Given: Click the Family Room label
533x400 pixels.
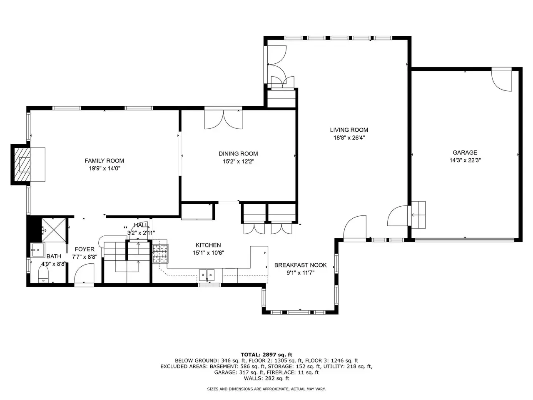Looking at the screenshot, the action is click(x=104, y=160).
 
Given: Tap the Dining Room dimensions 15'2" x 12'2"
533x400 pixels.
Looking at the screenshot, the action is click(x=238, y=162).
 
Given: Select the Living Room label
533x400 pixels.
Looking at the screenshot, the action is click(x=349, y=130).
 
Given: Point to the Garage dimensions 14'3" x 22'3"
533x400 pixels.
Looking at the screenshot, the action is click(x=465, y=160).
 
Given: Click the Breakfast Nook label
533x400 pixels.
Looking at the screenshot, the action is click(x=300, y=265).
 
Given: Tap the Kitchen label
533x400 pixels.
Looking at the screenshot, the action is click(x=208, y=245).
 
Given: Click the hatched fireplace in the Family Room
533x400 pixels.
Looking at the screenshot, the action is click(x=22, y=165).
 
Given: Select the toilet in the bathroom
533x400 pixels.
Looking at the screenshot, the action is click(x=43, y=274).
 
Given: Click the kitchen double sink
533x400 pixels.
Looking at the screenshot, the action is click(x=207, y=275).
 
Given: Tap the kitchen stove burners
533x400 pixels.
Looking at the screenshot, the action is click(x=160, y=254).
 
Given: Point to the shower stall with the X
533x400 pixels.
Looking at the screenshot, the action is click(x=53, y=230).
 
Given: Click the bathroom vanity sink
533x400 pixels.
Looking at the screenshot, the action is click(x=38, y=250).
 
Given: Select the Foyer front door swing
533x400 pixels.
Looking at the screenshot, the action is click(x=84, y=273).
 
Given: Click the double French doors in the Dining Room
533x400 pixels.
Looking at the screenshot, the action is click(x=223, y=120).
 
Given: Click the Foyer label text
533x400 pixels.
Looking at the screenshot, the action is click(x=85, y=249).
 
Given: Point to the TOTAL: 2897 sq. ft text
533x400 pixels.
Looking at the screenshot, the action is click(x=266, y=355).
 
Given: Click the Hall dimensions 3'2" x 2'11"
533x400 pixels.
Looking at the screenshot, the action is click(x=141, y=233).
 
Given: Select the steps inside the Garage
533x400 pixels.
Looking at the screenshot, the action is click(x=418, y=215).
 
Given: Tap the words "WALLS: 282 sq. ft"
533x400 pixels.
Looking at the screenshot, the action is click(x=266, y=378).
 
